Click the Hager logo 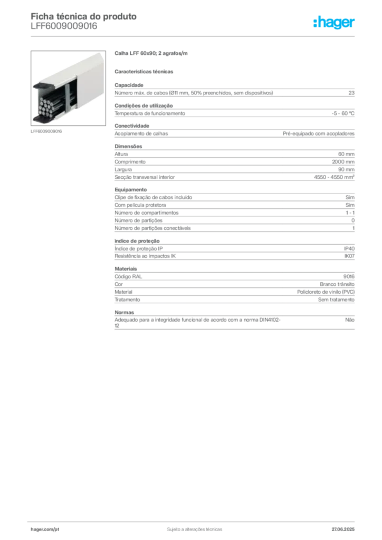[333, 22]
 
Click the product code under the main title [64, 26]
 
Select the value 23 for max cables [351, 93]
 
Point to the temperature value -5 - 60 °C [343, 113]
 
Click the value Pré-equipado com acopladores [319, 133]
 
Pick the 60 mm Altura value [346, 154]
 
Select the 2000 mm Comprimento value [343, 162]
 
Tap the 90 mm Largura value [346, 169]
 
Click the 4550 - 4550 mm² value [334, 177]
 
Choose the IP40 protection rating [349, 249]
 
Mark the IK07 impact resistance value [349, 256]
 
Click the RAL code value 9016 [349, 276]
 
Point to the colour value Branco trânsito [337, 284]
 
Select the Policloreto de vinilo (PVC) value [326, 292]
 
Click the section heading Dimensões [128, 147]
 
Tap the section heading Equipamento [130, 190]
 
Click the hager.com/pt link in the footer [45, 529]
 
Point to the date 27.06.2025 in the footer [343, 529]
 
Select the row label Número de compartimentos [146, 213]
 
